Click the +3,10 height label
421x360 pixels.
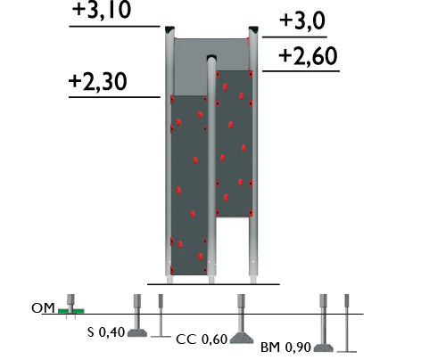[102, 11]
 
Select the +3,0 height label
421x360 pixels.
[302, 21]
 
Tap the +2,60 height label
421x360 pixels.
[308, 56]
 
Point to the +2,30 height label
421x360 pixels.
[98, 82]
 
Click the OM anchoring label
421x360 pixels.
[43, 308]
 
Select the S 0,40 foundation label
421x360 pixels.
[106, 332]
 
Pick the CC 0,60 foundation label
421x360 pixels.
[202, 340]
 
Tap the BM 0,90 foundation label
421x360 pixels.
[285, 348]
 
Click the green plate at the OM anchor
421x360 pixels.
[71, 311]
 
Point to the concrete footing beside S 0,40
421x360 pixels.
[137, 333]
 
